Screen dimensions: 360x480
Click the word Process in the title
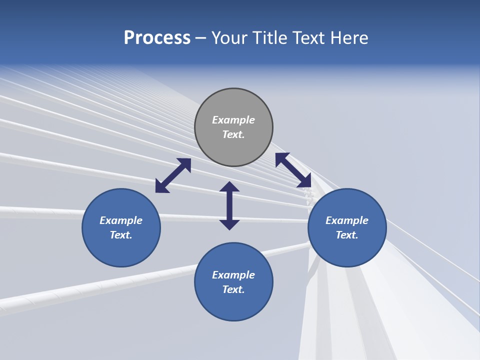pos(157,38)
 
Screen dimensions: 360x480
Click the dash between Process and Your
pos(201,38)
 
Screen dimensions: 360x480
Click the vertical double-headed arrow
pos(229,205)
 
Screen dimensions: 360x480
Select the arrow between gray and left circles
pos(173,175)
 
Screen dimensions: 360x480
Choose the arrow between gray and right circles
pos(293,170)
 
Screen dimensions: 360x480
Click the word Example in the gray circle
pos(233,120)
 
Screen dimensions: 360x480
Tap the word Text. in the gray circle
pos(233,134)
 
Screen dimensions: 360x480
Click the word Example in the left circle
pos(121,220)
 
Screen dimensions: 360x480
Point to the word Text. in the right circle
pos(347,235)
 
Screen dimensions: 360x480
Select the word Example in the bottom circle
pos(233,275)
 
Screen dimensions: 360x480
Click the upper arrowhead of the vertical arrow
pos(229,187)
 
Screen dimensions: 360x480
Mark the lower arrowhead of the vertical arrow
pos(229,224)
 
